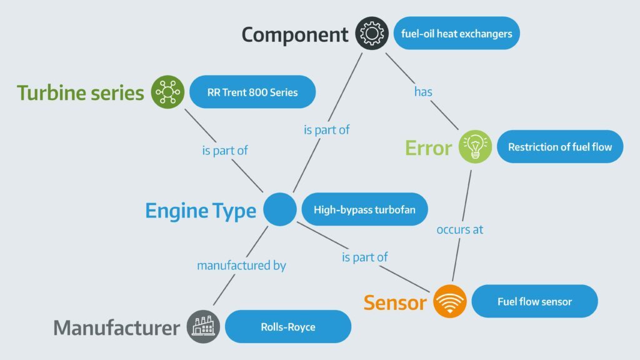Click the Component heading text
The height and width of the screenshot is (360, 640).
coord(295,34)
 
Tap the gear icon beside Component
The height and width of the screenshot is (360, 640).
coord(372,33)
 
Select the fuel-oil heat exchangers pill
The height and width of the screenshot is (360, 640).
coord(456,33)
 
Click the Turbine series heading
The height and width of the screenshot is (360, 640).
coord(81,92)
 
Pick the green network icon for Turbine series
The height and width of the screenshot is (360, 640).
coord(168,92)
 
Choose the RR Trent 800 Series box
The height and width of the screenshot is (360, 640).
coord(252,92)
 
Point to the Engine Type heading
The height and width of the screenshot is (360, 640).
coord(201,211)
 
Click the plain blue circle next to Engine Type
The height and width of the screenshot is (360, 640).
coord(279,209)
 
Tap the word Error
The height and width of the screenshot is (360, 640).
coord(428,148)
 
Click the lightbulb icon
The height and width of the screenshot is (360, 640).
coord(475,147)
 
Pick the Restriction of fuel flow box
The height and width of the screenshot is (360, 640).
coord(560,147)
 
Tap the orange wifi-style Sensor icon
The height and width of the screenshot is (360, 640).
coord(450,301)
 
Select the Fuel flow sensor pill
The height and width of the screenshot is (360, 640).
coord(534,301)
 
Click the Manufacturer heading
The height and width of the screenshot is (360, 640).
coord(117,327)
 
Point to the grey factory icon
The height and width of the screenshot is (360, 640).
coord(203,326)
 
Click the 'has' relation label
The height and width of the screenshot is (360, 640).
coord(423,92)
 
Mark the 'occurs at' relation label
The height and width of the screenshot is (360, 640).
coord(460,229)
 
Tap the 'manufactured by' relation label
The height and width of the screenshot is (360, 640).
coord(241,265)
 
